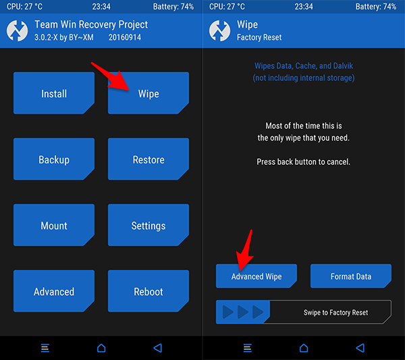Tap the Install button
tap(54, 93)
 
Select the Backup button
tap(54, 159)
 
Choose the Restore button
tap(148, 159)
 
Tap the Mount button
tap(54, 225)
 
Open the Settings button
tap(148, 225)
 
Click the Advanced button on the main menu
tap(54, 291)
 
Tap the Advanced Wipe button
tap(256, 276)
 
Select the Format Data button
tap(351, 276)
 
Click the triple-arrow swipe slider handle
tap(243, 312)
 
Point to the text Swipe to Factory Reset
tap(335, 313)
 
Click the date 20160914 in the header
tap(125, 37)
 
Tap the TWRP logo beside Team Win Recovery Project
tap(17, 31)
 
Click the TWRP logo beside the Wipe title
tap(219, 31)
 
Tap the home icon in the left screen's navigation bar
tap(101, 348)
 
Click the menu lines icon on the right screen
tap(248, 348)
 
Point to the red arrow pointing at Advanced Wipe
tap(246, 249)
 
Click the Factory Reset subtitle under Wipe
tap(259, 37)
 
